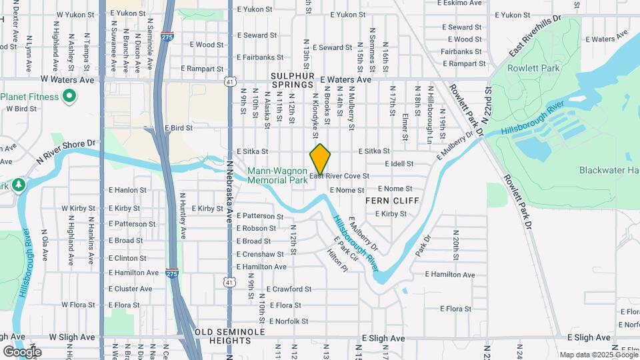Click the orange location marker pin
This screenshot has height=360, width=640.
click(320, 159)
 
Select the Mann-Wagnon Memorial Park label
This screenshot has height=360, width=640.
click(277, 175)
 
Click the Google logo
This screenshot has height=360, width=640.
click(22, 352)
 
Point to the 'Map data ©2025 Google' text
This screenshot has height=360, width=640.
click(599, 355)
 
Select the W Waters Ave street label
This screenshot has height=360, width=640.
click(68, 79)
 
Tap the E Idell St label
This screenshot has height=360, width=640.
click(399, 164)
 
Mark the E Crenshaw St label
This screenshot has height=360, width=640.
click(260, 254)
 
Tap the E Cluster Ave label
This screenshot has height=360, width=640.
click(130, 289)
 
